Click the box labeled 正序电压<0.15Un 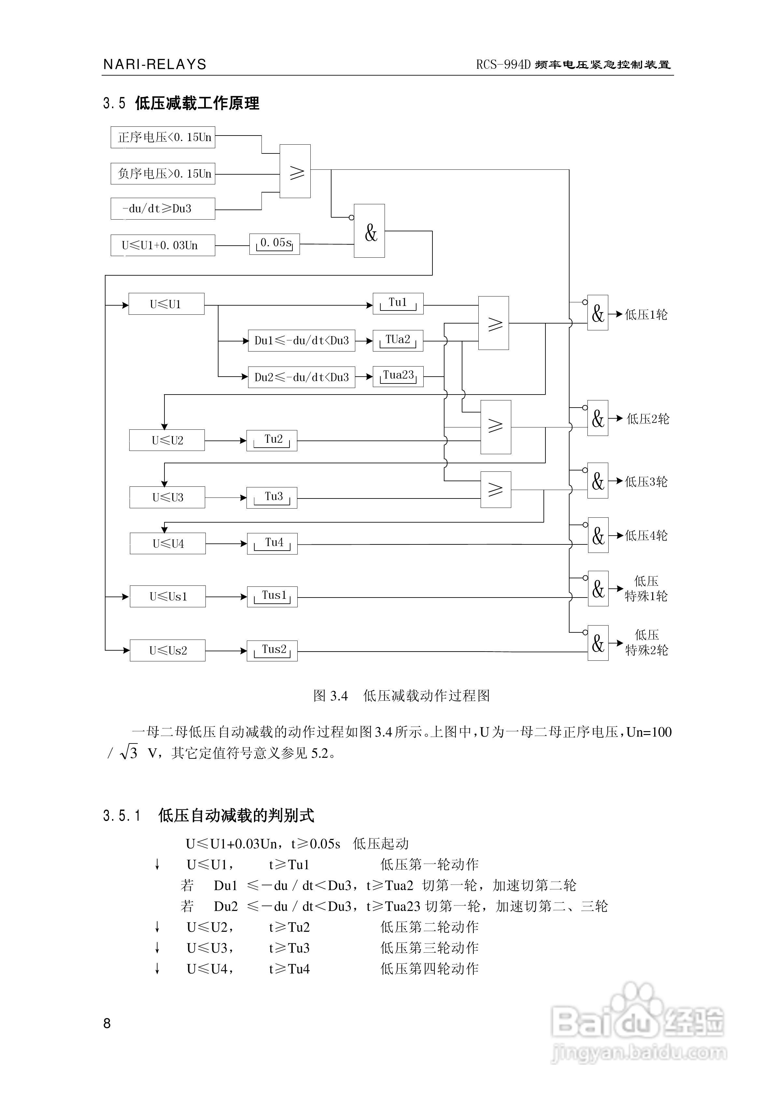163,137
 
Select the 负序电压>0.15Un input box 163,174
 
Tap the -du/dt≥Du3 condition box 163,209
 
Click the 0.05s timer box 275,244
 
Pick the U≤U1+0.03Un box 163,245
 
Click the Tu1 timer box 398,304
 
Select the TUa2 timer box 398,340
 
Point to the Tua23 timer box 398,376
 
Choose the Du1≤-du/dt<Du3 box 301,341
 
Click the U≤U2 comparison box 167,440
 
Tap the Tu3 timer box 272,498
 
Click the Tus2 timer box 272,651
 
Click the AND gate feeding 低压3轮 598,481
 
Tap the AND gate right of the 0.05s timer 369,231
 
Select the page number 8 107,1023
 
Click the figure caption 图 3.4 330,696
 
